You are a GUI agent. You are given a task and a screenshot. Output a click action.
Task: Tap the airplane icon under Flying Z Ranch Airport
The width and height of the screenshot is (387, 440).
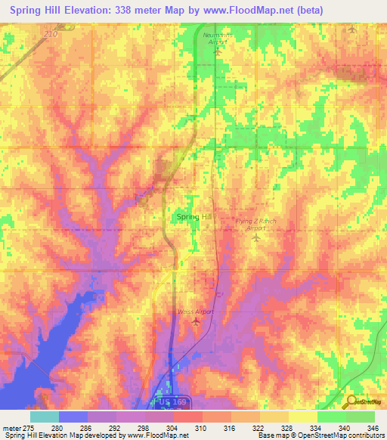tap(255, 238)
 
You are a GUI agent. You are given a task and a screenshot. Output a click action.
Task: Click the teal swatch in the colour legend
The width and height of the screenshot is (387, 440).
tap(44, 417)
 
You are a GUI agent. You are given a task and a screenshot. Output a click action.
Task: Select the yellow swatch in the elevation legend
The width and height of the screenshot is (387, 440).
tap(302, 417)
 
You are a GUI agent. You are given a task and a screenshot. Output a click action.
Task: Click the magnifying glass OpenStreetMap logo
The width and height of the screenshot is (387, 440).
tap(351, 401)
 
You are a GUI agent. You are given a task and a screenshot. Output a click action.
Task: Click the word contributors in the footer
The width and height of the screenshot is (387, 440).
tap(363, 436)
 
